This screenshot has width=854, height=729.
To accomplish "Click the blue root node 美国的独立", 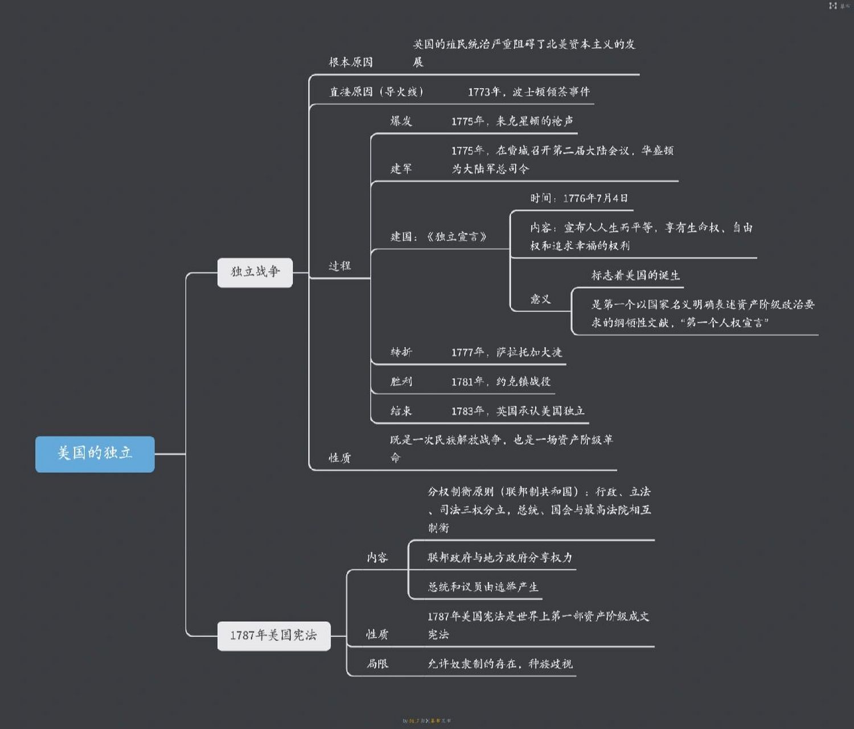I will [95, 454].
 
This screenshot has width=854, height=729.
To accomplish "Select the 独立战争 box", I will [255, 272].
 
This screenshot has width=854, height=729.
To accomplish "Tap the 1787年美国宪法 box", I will [274, 636].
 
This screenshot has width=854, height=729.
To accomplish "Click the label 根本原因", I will [351, 62].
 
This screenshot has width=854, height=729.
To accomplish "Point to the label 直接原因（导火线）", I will [376, 92].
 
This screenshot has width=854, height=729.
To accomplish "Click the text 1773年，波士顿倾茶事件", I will [528, 92].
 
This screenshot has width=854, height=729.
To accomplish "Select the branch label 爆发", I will [401, 121].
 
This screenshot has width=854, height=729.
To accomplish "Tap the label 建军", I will [401, 169].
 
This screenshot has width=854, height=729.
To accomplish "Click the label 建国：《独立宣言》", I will [438, 236].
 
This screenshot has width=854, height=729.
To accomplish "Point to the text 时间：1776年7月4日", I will [578, 198].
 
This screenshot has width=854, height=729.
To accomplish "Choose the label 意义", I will [540, 299].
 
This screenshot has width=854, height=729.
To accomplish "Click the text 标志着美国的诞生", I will [635, 276].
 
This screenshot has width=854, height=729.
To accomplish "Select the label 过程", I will [340, 266].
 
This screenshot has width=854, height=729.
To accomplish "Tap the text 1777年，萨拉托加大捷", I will [506, 353].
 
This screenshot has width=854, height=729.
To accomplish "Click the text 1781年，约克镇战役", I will [501, 382].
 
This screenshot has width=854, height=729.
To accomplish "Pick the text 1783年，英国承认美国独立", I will [518, 411].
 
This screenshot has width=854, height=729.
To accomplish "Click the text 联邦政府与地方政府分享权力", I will [500, 558].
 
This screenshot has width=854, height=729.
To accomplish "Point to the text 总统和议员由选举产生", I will [483, 587].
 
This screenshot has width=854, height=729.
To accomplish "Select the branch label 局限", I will [377, 664].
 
